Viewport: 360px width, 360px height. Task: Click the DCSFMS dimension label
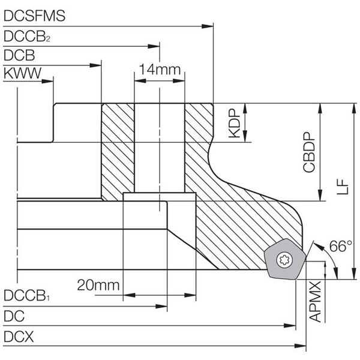tap(34, 16)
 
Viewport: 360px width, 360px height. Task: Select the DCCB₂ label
tap(27, 36)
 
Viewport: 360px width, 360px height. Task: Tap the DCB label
tap(19, 55)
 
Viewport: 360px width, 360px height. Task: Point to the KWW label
tap(23, 73)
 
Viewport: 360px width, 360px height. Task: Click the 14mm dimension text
tap(160, 70)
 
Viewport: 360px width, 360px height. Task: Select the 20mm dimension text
tap(98, 286)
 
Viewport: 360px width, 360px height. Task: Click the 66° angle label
tap(340, 246)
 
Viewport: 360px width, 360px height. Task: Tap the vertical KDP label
tap(235, 123)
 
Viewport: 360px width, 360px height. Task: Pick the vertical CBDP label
tap(309, 152)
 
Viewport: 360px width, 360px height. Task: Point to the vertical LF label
tap(343, 187)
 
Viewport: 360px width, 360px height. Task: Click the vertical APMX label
tap(315, 302)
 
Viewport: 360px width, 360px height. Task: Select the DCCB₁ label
tap(26, 295)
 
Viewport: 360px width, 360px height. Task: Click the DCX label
tap(19, 337)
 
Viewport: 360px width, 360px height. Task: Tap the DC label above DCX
tap(14, 316)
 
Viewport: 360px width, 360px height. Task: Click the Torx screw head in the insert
tap(284, 260)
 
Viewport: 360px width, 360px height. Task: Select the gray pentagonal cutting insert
tap(284, 259)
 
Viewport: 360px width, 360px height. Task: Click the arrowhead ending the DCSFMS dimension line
tap(208, 26)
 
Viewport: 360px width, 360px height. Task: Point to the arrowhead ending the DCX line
tap(301, 346)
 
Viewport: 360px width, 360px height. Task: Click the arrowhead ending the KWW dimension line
tap(47, 81)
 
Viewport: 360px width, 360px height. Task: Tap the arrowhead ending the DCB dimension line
tap(95, 65)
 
